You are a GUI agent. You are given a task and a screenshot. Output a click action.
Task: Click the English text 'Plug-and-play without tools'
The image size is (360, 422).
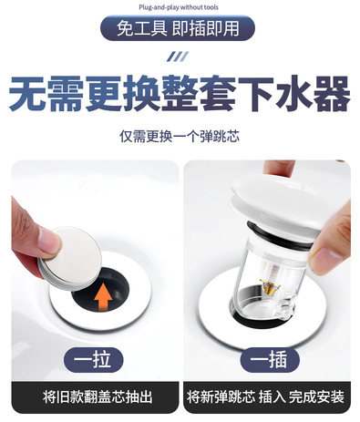coord(179,7)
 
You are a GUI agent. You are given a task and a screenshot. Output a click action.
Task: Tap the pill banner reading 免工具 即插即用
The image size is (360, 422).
coord(178,28)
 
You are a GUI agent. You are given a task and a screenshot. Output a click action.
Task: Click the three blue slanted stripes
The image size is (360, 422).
coord(178,57)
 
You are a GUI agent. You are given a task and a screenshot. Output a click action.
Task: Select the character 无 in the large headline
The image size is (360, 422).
coord(27,94)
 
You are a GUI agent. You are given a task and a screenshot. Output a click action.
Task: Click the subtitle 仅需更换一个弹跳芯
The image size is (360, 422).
coord(180,137)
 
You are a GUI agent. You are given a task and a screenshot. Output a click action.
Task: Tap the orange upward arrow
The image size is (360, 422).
coord(103,297)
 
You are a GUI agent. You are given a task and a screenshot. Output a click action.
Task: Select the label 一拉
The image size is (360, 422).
coord(93,360)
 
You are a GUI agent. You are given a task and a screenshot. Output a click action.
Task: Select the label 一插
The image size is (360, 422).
coord(270,360)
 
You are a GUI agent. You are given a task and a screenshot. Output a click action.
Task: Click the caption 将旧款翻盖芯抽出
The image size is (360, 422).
coord(98,397)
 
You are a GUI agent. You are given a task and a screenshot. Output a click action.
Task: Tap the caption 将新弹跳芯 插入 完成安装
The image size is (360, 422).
coord(265,397)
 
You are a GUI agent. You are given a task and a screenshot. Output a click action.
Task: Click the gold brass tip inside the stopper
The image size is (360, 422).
coord(270,285)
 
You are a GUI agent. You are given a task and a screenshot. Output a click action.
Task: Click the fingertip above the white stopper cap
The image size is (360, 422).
coord(279,169)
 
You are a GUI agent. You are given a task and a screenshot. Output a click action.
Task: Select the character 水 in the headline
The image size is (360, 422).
coord(293,94)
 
